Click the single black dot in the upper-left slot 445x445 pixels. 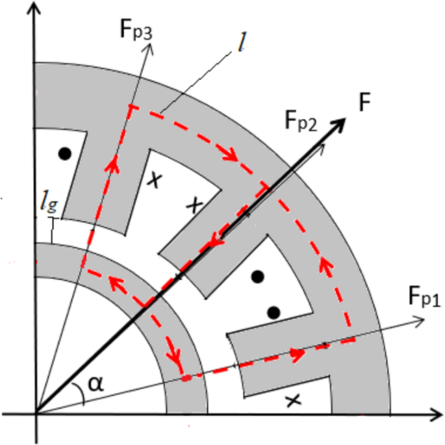[x=64, y=154]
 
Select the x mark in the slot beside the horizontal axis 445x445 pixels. [x=293, y=401]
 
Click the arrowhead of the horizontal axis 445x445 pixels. [x=436, y=413]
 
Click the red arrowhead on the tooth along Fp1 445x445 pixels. [x=298, y=355]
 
